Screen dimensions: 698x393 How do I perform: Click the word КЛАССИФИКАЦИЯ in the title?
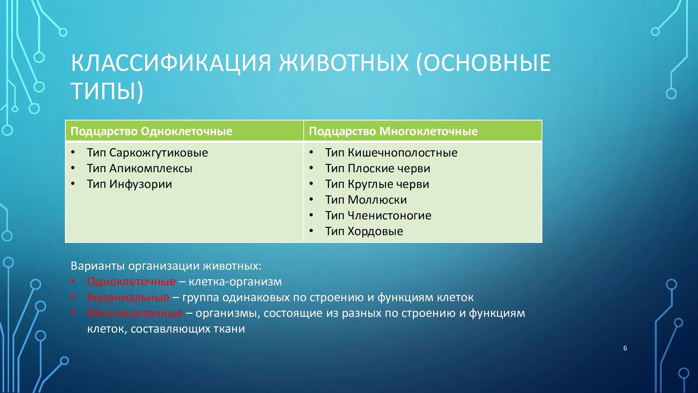[171, 63]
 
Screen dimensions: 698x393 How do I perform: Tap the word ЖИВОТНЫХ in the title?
[344, 63]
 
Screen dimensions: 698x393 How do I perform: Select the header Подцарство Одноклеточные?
[151, 131]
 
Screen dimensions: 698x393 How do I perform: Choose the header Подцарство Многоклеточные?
[393, 131]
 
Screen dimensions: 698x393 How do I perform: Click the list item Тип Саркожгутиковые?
[147, 153]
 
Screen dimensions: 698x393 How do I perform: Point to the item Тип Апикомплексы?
[139, 168]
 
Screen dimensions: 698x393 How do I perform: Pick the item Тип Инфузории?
[129, 184]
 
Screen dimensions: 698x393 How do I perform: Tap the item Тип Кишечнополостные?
[391, 153]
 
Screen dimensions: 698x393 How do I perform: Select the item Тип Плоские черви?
[378, 168]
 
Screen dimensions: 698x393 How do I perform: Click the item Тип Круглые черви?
[377, 184]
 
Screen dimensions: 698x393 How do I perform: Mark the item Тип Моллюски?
[366, 200]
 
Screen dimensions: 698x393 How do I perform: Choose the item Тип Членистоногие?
[378, 215]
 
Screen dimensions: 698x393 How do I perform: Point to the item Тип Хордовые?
[364, 231]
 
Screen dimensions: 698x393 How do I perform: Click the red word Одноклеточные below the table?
[131, 282]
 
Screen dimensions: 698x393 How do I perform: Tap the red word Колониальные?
[128, 297]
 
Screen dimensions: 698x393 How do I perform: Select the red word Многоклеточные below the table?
[135, 313]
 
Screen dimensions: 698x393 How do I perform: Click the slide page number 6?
[625, 348]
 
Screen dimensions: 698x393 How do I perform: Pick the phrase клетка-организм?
[235, 282]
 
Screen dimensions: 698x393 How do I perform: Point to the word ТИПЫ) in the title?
[107, 91]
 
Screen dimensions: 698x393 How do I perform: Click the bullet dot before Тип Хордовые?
[311, 231]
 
